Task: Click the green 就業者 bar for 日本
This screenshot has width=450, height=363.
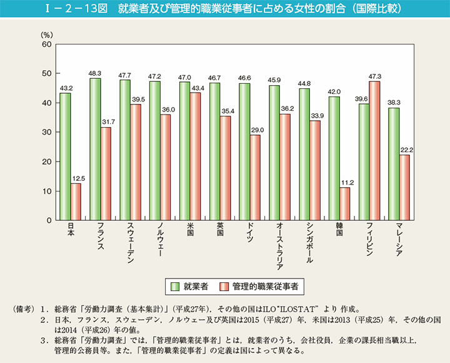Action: tap(65, 156)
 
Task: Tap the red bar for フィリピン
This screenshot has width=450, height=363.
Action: tap(374, 151)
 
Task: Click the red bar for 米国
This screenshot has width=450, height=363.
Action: tap(195, 156)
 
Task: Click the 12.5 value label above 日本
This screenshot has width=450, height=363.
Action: tap(76, 178)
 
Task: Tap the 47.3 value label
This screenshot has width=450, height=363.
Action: tap(375, 76)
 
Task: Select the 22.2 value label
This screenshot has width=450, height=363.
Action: tap(406, 150)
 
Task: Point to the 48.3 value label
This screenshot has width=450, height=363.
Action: tap(95, 73)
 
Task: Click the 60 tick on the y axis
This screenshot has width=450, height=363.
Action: tap(47, 44)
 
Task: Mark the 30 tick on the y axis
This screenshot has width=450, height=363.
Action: tap(47, 133)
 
